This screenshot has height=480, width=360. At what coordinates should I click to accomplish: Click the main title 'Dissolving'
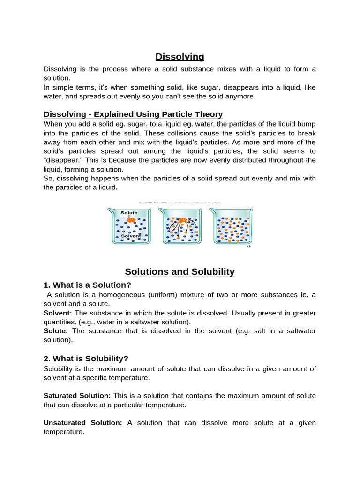(180, 57)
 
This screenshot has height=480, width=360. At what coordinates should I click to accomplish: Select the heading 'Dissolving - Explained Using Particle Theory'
(133, 114)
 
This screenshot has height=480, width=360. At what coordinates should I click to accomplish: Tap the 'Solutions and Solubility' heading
(180, 272)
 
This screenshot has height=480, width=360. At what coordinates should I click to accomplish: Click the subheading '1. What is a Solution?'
(88, 285)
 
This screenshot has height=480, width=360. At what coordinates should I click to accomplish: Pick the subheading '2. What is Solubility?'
(86, 359)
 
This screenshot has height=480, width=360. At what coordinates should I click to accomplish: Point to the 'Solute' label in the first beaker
(129, 213)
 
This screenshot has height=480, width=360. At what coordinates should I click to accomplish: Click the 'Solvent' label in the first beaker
(131, 236)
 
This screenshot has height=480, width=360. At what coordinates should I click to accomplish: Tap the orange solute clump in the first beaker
(131, 219)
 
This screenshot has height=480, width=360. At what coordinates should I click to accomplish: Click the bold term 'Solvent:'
(58, 313)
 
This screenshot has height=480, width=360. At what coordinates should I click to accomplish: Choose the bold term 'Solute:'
(56, 331)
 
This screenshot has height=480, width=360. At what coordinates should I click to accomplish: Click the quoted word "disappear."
(64, 160)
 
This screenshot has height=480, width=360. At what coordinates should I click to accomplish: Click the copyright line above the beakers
(180, 202)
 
